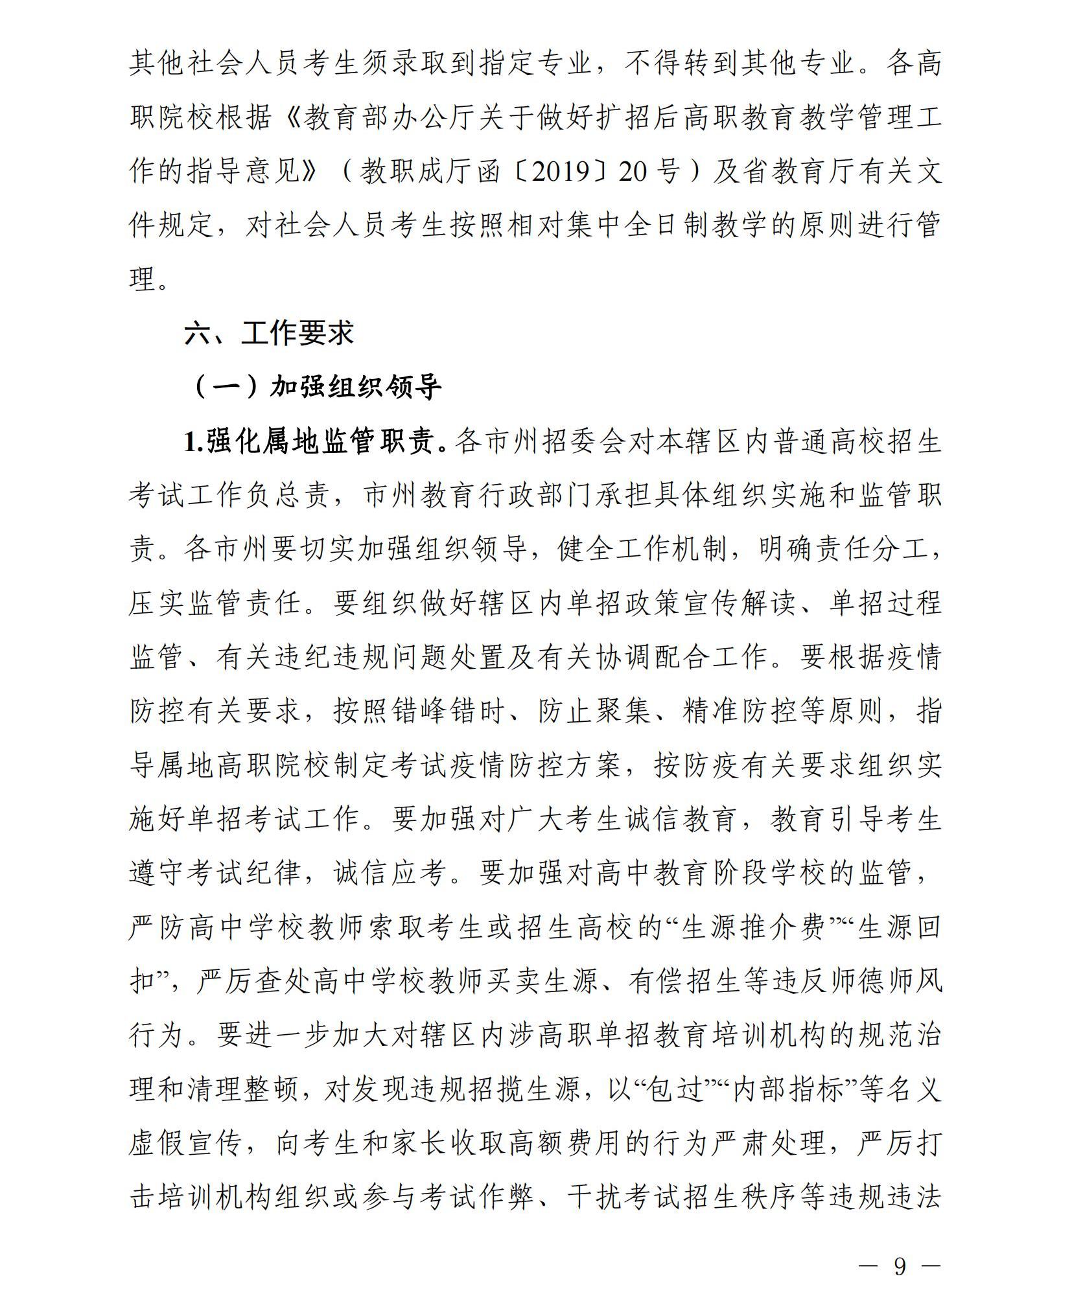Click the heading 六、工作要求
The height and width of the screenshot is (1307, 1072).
(269, 333)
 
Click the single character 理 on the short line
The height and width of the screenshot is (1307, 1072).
(143, 280)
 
